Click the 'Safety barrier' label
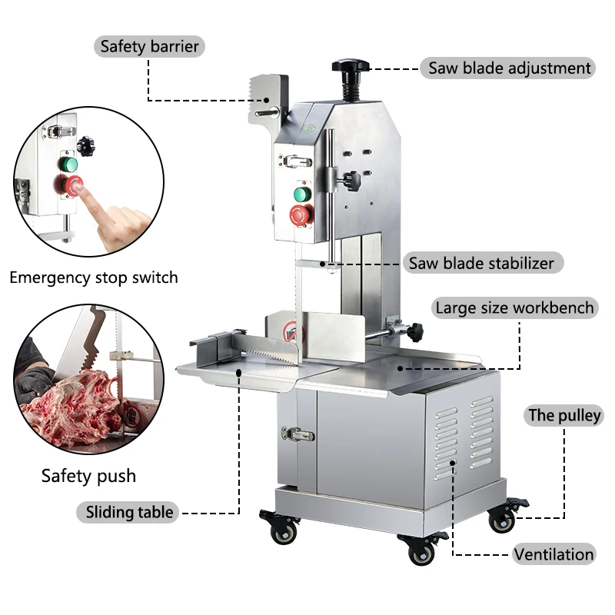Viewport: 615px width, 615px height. click(x=149, y=46)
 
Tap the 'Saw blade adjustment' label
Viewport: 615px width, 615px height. click(x=510, y=68)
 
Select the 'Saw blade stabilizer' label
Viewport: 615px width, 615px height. click(x=481, y=263)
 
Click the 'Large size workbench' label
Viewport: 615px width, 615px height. click(x=514, y=308)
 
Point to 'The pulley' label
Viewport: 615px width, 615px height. click(x=564, y=416)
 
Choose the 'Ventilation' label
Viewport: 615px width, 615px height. click(x=553, y=553)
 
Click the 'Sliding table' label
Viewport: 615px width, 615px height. click(x=129, y=512)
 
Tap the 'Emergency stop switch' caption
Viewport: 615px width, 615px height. click(x=93, y=278)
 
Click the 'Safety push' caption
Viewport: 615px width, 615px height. click(x=88, y=476)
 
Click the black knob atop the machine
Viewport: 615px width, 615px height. click(x=351, y=68)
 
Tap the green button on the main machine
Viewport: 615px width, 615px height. click(x=303, y=194)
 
